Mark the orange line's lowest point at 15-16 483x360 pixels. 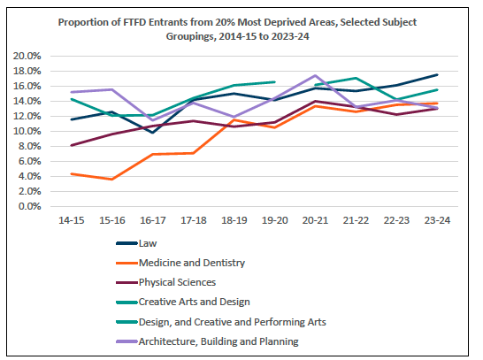click(x=111, y=180)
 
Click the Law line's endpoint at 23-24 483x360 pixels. click(x=436, y=75)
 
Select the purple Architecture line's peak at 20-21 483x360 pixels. click(x=315, y=76)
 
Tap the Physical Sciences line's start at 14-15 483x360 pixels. click(x=71, y=145)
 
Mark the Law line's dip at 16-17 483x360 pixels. click(x=152, y=133)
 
